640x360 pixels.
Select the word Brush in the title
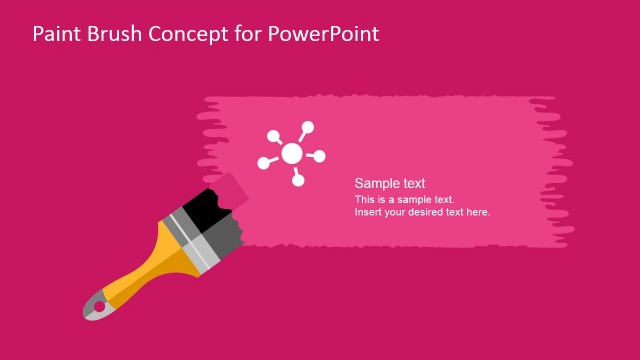114,34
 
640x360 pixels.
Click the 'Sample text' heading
390,183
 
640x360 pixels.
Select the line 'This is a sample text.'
404,199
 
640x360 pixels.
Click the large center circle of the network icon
291,153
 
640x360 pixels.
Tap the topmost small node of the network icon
308,127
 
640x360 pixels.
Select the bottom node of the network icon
298,182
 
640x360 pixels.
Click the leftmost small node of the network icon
264,163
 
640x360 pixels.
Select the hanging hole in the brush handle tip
98,306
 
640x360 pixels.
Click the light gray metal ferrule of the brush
195,240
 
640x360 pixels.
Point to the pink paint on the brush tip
232,187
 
